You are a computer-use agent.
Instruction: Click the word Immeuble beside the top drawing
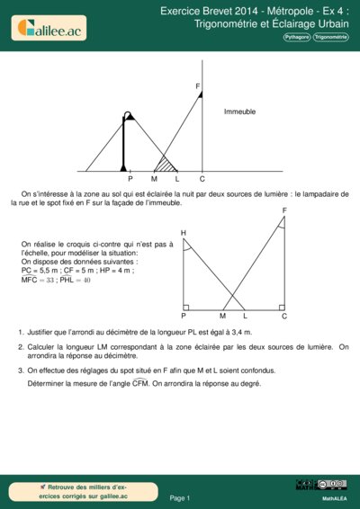(x=240, y=112)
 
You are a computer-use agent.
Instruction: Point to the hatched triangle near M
(x=165, y=165)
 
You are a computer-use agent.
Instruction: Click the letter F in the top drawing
(x=197, y=85)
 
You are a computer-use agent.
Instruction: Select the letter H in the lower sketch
(x=184, y=233)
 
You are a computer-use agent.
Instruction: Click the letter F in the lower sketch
(x=284, y=210)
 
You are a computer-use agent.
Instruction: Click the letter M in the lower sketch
(x=222, y=317)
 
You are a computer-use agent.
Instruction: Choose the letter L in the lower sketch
(x=245, y=317)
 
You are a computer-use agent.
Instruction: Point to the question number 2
(x=20, y=346)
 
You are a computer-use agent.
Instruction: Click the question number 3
(x=20, y=370)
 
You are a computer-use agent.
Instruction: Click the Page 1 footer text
(x=180, y=497)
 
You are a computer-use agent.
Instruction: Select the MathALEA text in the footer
(x=335, y=497)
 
